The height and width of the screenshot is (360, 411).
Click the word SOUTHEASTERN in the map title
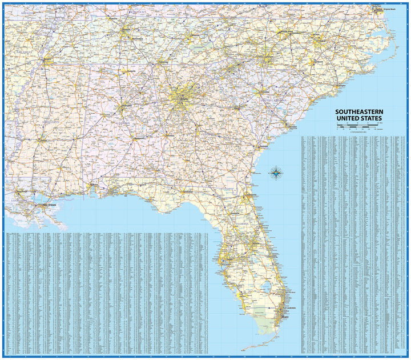pyautogui.click(x=359, y=112)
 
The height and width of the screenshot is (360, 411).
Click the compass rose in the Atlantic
pyautogui.click(x=275, y=172)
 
